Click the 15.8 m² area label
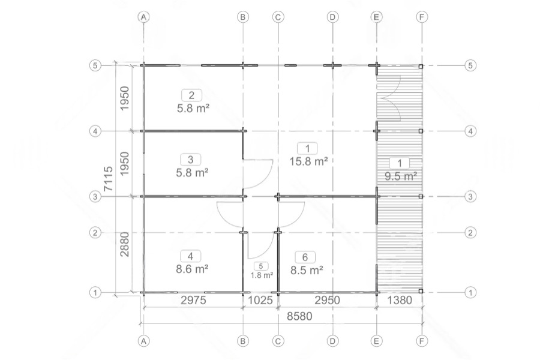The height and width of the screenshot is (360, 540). point(308,161)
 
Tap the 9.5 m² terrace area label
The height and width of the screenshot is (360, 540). point(401,176)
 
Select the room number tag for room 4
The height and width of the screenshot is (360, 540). point(191,256)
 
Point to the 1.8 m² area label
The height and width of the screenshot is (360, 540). point(262,275)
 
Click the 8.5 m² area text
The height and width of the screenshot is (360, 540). point(307,270)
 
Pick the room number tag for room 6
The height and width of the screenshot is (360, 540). point(305,257)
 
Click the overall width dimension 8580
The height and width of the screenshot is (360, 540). point(299,316)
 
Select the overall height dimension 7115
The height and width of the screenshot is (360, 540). point(108,179)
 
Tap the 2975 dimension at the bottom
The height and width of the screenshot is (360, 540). point(194,300)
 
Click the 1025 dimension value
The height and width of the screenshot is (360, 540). point(260,300)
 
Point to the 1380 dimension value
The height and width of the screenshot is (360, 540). point(400,300)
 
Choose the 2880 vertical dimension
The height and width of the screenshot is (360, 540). point(124,244)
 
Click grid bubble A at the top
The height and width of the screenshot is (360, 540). point(143,17)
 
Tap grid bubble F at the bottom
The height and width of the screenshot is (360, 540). point(422,341)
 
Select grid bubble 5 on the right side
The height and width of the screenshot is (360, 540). point(470,65)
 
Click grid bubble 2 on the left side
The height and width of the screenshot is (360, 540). point(95,233)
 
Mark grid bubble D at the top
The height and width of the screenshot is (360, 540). point(332,17)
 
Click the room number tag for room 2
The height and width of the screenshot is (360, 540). point(191,95)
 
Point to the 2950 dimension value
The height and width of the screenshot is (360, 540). point(327,300)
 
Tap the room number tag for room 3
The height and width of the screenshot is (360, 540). point(191,160)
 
